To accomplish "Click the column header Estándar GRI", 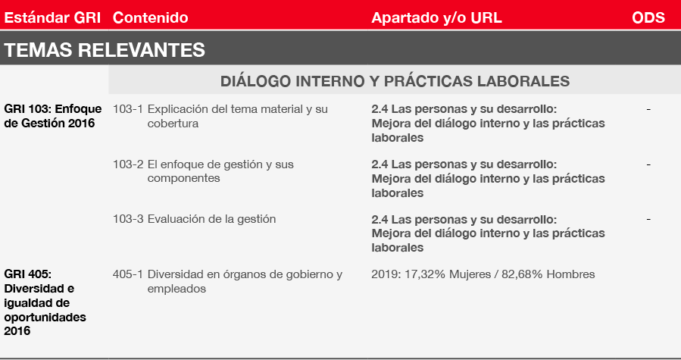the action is (52, 17).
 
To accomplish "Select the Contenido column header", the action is (150, 17).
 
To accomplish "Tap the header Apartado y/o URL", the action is (436, 17).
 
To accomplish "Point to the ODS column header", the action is (648, 17).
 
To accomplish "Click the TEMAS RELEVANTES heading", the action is (105, 49).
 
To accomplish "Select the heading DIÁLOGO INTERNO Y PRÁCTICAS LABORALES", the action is (395, 81).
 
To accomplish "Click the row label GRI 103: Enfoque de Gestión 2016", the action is (52, 116).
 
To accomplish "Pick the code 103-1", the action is (128, 108).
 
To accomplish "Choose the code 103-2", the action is (128, 164).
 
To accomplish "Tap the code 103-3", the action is (128, 219).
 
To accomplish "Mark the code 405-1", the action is (128, 274).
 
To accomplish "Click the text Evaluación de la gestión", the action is (211, 219).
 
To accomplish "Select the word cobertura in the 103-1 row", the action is (173, 123).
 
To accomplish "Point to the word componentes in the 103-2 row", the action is (183, 178).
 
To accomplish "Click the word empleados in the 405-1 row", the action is (176, 289).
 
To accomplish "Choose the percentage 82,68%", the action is (522, 274).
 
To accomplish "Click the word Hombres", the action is (570, 274).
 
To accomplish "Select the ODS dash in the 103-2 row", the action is (648, 164).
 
